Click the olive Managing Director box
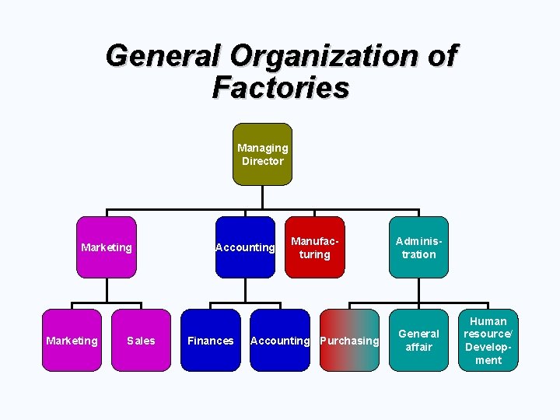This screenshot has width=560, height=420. tap(263, 154)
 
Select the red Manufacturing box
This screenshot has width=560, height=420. tap(315, 247)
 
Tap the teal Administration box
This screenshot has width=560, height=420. tap(418, 247)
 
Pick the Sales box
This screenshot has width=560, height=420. tap(141, 341)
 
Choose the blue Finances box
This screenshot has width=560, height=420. tap(210, 341)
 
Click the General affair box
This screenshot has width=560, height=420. tap(418, 341)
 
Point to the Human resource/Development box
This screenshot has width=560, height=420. tap(488, 341)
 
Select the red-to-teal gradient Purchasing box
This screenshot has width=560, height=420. tap(349, 341)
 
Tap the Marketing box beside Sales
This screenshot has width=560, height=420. tap(72, 341)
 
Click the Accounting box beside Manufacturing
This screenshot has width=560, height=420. tap(245, 247)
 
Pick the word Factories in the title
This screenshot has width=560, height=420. tap(280, 87)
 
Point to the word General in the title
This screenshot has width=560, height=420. tap(163, 56)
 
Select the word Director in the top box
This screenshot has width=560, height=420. tap(263, 161)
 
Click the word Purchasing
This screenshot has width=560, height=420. tap(349, 341)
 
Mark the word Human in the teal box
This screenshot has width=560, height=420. tap(488, 321)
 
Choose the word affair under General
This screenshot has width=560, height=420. tap(418, 347)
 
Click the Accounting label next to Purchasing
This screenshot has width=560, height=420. tap(280, 341)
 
